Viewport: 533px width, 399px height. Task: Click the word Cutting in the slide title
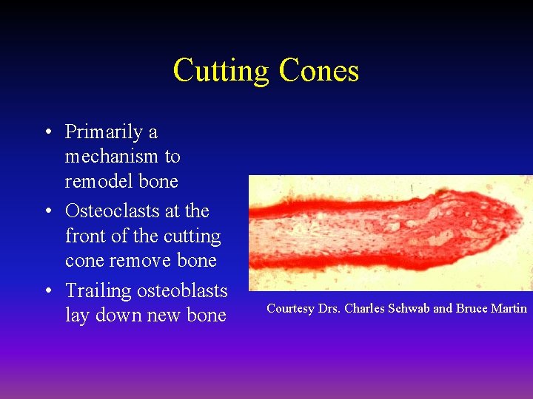tap(221, 72)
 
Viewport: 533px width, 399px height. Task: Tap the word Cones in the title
tap(318, 72)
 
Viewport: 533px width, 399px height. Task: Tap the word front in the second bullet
tap(86, 236)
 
